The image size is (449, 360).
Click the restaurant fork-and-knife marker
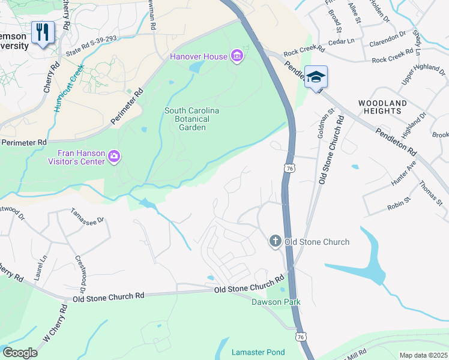click(x=42, y=32)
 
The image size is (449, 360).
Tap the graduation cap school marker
click(x=316, y=77)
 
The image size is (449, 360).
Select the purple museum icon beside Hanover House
click(x=238, y=56)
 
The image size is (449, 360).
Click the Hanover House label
click(x=199, y=56)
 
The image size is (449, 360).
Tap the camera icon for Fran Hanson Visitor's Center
click(x=114, y=157)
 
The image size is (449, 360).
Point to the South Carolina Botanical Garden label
click(x=192, y=119)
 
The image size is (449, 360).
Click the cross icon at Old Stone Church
click(x=276, y=241)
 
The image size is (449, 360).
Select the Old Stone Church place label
click(x=316, y=242)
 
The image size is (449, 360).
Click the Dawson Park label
click(x=276, y=302)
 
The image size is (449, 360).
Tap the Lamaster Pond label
click(x=259, y=352)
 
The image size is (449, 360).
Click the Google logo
click(x=20, y=353)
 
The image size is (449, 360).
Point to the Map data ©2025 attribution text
click(x=423, y=355)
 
